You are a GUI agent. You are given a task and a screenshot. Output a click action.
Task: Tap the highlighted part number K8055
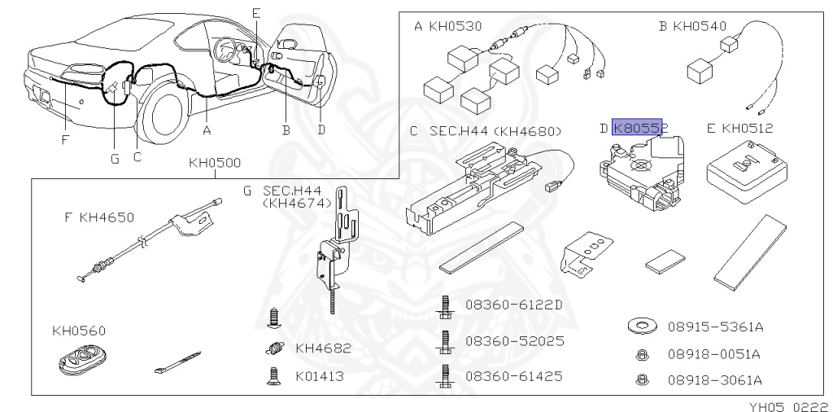[639, 128]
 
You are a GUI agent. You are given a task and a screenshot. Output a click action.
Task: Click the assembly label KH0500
[215, 163]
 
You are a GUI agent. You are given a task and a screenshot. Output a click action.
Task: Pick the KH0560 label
[79, 331]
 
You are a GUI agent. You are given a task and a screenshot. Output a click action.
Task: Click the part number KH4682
[323, 348]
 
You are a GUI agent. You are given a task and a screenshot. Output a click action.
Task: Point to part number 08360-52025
[514, 340]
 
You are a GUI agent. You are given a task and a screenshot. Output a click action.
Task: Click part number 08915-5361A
[714, 327]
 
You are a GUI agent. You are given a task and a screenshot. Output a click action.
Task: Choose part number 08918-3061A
[714, 379]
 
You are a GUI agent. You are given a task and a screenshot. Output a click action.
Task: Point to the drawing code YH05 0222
[788, 405]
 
